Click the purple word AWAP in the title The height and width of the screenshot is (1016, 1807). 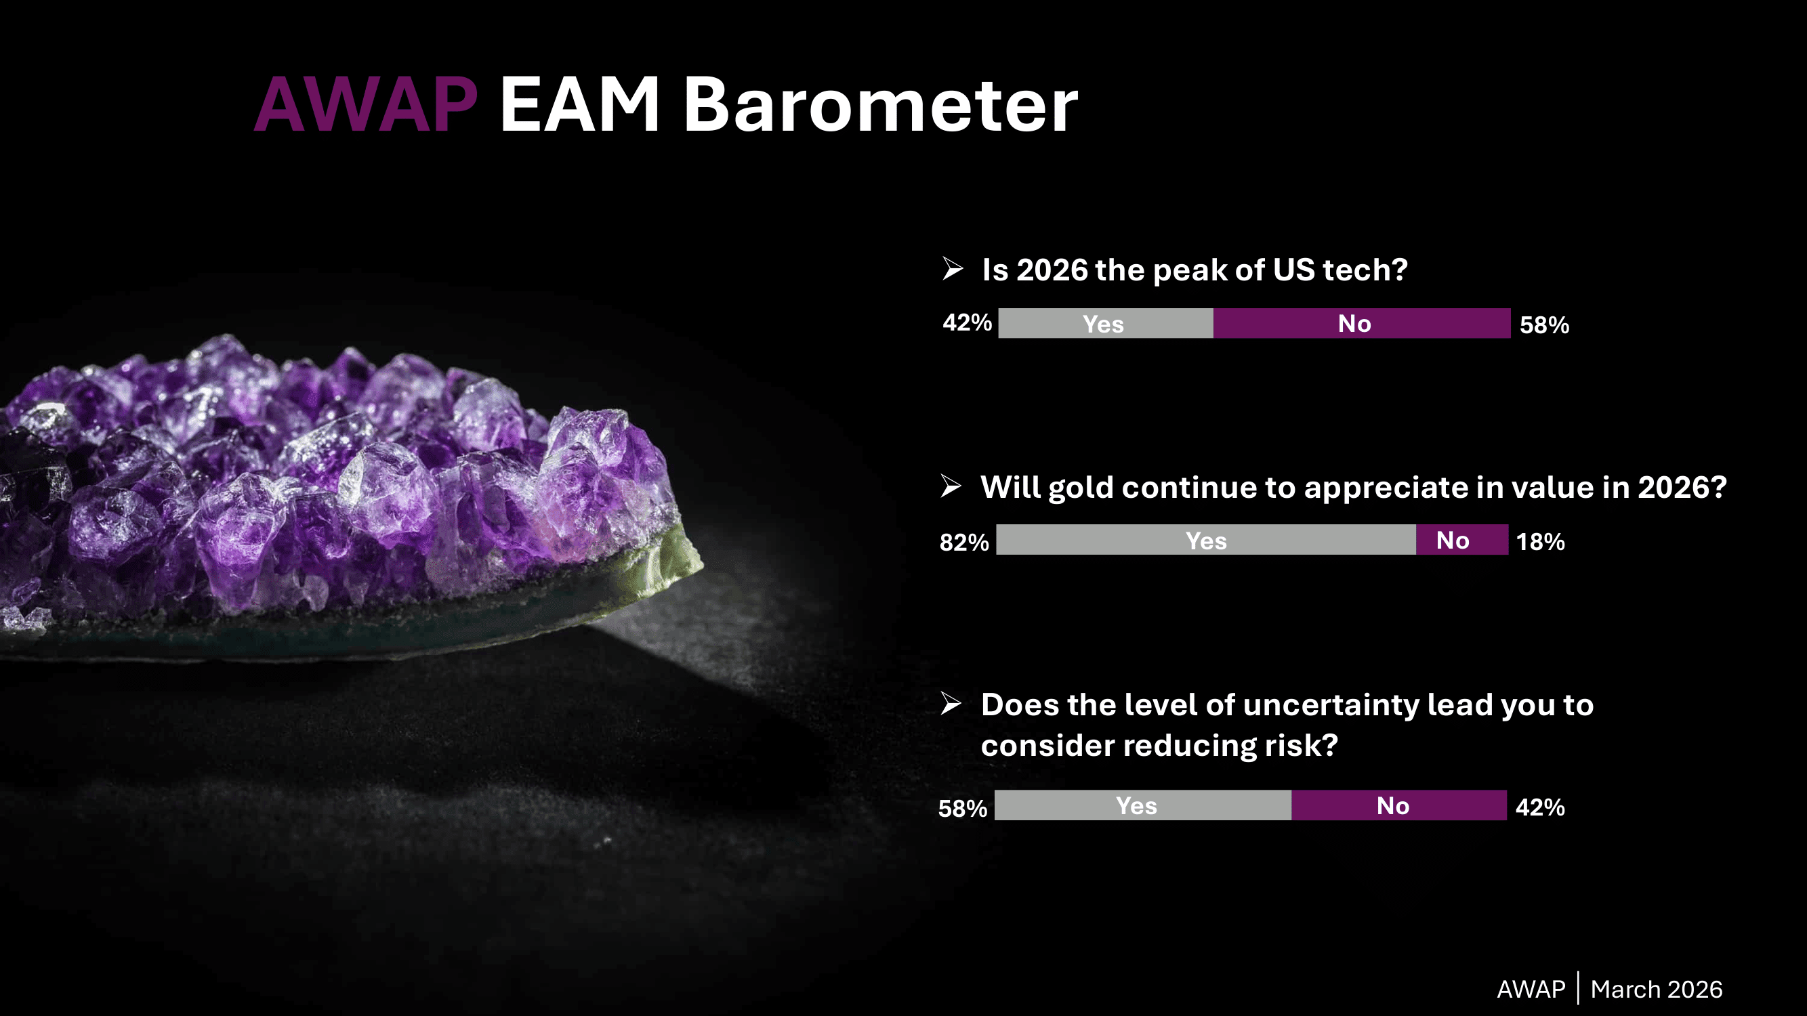point(365,105)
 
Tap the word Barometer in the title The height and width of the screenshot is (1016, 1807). point(880,105)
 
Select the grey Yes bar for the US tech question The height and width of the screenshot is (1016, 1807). point(1106,323)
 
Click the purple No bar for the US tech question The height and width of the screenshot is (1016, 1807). point(1362,323)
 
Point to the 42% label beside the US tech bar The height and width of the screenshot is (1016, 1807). point(968,322)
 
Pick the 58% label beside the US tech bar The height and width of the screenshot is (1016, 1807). point(1545,325)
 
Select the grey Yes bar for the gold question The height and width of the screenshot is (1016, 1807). point(1206,540)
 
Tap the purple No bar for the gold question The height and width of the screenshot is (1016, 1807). point(1462,540)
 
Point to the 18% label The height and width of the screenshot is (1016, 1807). point(1541,542)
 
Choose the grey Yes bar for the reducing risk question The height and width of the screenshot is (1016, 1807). point(1143,805)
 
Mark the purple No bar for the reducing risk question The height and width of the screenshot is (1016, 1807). point(1398,805)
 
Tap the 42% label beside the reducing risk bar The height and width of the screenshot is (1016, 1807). point(1541,808)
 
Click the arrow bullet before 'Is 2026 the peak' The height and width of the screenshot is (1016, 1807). point(953,268)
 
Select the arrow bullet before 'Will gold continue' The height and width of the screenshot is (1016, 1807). point(951,485)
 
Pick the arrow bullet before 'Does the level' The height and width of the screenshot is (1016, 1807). point(951,703)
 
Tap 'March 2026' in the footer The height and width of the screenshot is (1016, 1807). point(1656,990)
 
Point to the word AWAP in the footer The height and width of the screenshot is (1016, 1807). point(1531,990)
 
